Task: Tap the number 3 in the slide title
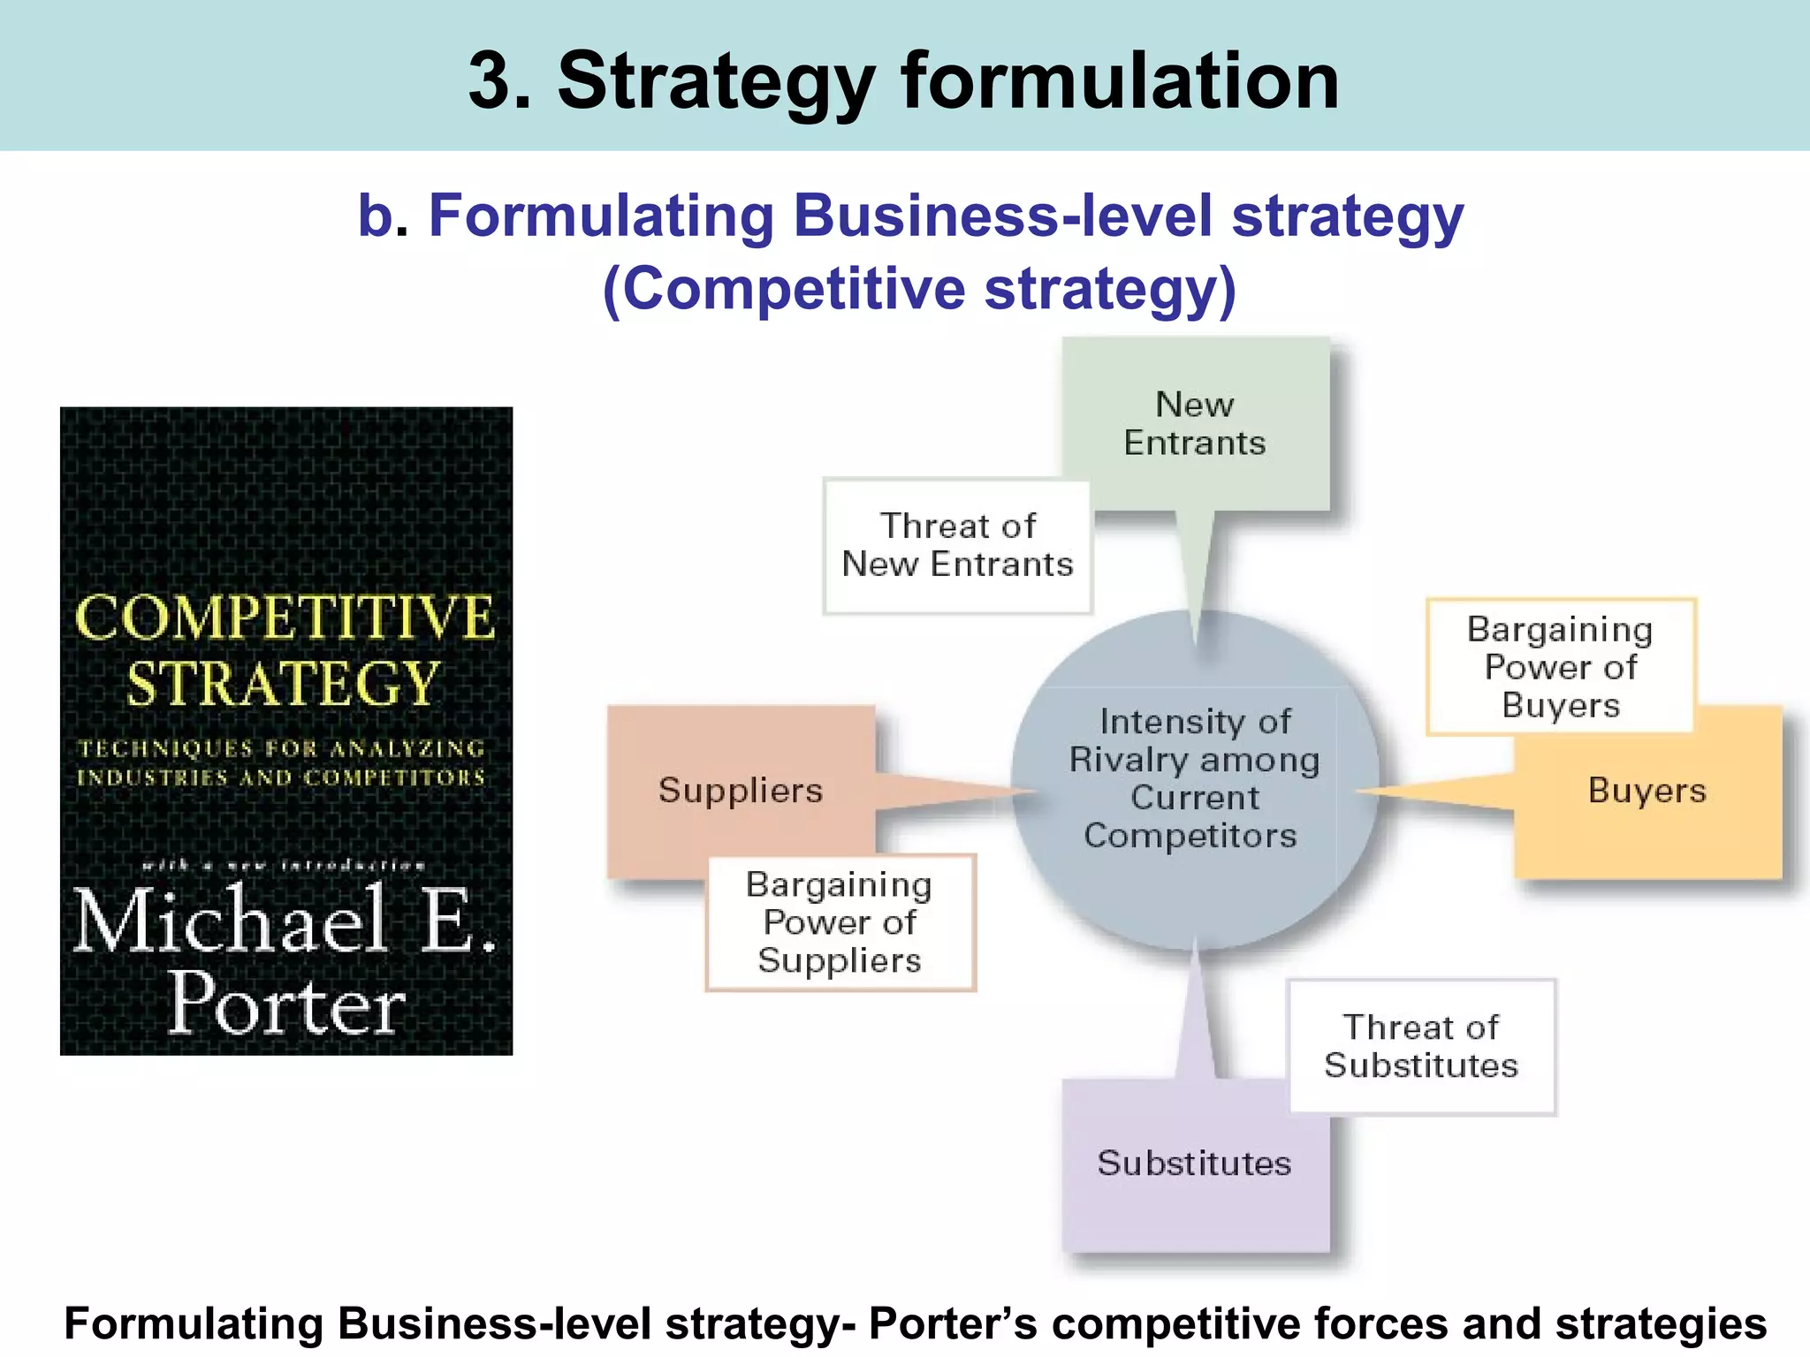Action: [498, 81]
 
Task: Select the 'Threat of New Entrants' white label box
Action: [957, 545]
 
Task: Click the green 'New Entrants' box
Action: [1195, 423]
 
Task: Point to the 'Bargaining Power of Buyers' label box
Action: [1560, 666]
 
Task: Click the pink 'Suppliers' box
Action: [741, 790]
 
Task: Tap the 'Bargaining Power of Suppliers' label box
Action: [840, 921]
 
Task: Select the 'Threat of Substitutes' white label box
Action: [1421, 1046]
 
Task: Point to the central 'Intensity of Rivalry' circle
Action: [1195, 778]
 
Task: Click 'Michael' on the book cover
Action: [230, 921]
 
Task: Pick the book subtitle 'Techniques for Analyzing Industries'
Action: [281, 762]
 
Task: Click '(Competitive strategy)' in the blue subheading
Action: [919, 289]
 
